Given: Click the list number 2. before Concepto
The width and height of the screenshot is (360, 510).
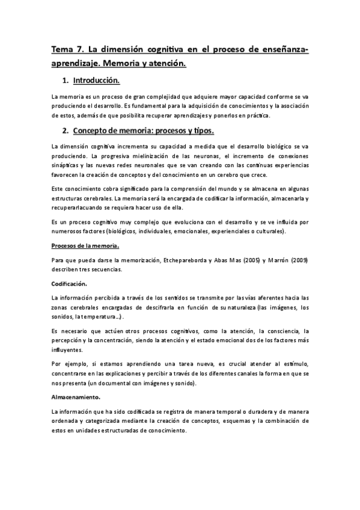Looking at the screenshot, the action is [x=65, y=131].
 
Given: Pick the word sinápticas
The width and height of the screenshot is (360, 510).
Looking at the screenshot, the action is [x=67, y=164].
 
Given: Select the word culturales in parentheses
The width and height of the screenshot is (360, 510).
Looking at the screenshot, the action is [x=267, y=232].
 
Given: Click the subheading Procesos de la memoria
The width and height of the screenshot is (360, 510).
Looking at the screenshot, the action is [x=85, y=245].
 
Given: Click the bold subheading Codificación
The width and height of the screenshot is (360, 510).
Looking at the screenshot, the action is [x=69, y=283].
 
